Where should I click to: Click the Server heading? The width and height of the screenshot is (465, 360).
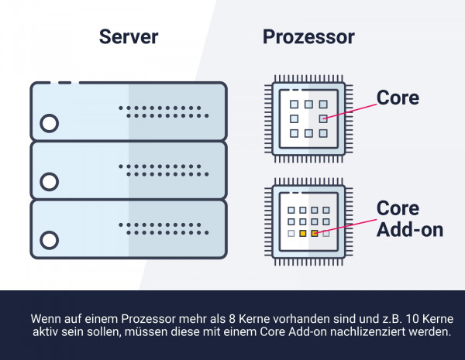[129, 36]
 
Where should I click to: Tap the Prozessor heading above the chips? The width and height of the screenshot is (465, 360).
[308, 37]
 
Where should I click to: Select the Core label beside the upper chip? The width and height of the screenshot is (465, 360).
[398, 98]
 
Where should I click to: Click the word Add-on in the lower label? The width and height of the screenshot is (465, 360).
[410, 230]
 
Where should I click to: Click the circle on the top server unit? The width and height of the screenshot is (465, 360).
[50, 123]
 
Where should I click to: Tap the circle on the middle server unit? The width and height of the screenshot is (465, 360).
[50, 182]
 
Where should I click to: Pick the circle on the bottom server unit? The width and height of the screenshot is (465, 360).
[50, 240]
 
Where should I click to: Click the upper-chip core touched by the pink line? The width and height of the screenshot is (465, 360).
[323, 118]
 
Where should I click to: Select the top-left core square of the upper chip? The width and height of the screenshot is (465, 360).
[294, 105]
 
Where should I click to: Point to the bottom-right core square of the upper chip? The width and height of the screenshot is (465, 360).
[323, 133]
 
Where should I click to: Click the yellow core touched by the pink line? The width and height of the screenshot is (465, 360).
[315, 234]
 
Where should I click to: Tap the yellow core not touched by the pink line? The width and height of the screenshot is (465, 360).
[303, 234]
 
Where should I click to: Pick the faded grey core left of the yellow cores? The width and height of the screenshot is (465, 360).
[291, 234]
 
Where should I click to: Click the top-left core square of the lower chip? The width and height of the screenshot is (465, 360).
[291, 210]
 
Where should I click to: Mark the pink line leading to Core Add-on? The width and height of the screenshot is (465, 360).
[346, 226]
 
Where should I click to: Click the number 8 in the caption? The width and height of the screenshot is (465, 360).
[232, 319]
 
